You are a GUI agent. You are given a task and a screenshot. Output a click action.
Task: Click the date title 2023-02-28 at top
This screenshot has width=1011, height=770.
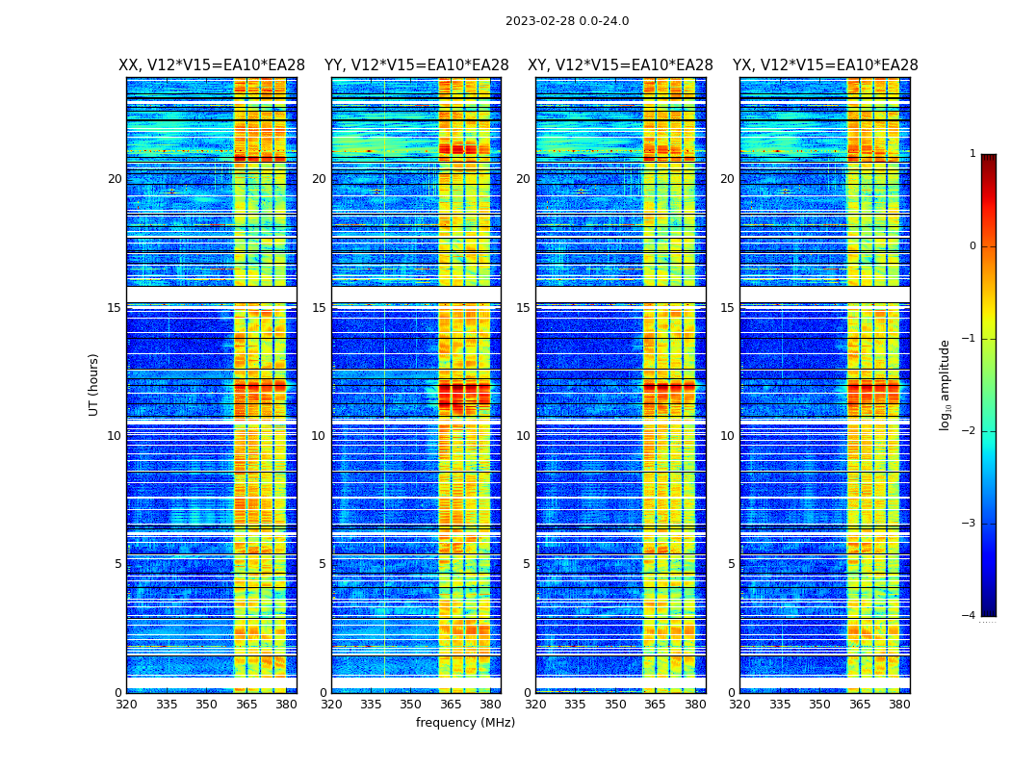567,21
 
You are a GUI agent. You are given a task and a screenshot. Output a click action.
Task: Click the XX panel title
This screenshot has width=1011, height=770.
212,65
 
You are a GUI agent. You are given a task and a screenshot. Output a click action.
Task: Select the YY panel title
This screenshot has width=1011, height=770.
416,65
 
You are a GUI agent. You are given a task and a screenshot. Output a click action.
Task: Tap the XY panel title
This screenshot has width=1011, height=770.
620,65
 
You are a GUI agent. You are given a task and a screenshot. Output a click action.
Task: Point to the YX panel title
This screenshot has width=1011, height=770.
825,65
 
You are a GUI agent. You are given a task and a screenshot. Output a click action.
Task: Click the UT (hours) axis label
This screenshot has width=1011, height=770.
94,384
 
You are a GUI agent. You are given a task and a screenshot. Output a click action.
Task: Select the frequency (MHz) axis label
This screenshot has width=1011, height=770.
465,723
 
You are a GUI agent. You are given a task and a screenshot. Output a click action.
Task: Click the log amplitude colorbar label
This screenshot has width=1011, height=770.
946,384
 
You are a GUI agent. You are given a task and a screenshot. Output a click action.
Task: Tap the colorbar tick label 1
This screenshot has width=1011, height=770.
972,154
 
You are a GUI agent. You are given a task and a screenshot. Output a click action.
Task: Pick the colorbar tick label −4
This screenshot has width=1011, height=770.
970,616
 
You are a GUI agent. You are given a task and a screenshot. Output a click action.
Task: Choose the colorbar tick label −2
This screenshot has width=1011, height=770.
970,431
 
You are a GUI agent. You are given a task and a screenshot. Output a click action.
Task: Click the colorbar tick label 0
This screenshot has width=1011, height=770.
972,246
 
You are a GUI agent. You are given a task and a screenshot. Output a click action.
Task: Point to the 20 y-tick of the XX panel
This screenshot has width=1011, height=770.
115,179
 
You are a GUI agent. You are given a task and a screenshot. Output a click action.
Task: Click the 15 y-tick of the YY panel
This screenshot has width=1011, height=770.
319,308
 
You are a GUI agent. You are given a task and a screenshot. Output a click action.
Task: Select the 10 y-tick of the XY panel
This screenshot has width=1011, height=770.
523,436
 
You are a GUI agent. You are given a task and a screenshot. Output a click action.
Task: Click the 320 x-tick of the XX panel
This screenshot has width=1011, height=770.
126,704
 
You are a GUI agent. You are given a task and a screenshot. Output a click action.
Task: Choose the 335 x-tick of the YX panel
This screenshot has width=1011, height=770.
780,704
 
